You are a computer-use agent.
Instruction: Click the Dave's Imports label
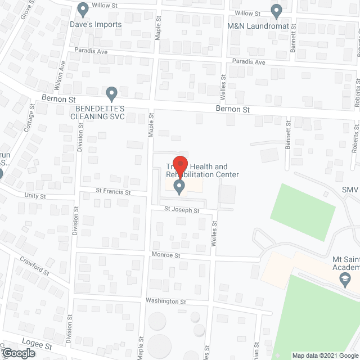click(96, 25)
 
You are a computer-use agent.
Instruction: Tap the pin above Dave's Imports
click(83, 10)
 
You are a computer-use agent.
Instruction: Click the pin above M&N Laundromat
click(276, 10)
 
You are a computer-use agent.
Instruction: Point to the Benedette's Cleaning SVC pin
click(111, 93)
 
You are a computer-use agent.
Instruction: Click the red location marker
click(179, 165)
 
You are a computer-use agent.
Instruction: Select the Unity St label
click(34, 196)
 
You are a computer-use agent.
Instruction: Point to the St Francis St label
click(112, 192)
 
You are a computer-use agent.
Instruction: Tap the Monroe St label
click(165, 255)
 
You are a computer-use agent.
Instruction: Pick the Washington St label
click(165, 301)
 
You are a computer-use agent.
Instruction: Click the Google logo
click(18, 353)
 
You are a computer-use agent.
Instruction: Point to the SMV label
click(350, 191)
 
